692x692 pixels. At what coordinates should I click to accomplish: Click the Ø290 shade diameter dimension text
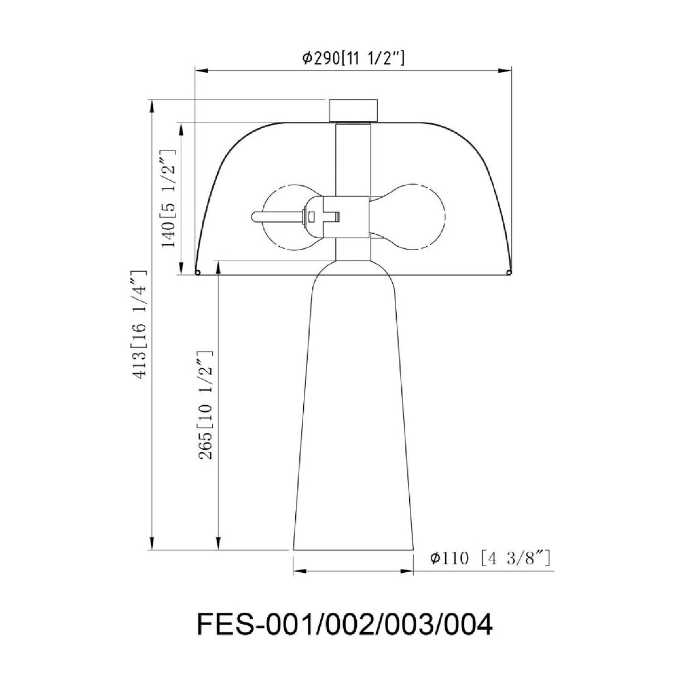353,58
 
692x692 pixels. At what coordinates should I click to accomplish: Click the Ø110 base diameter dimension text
490,568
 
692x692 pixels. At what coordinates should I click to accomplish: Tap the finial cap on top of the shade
353,110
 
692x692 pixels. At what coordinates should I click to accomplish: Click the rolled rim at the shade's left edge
197,273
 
